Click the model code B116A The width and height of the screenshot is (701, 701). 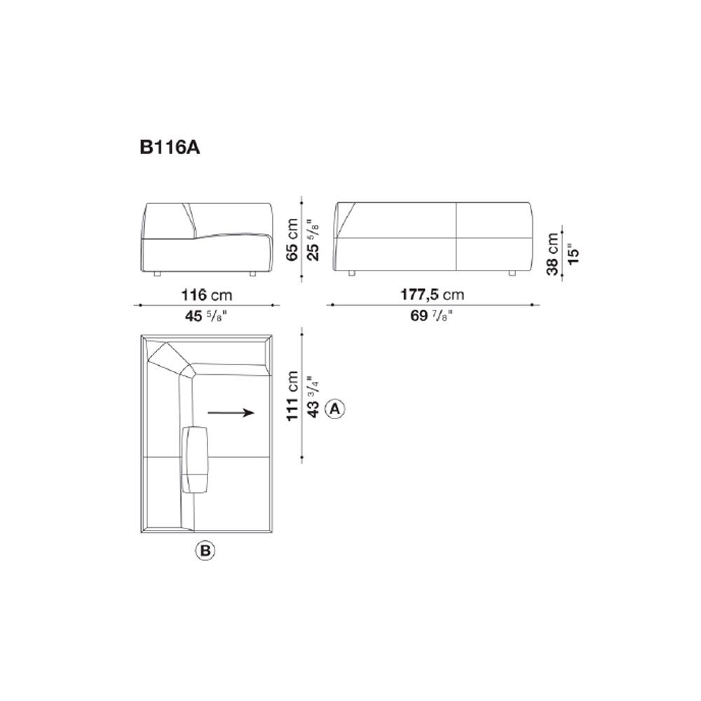tap(170, 147)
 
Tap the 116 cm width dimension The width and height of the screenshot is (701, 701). tap(207, 295)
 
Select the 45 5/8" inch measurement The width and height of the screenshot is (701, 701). tap(206, 316)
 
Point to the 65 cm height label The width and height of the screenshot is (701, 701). tap(292, 240)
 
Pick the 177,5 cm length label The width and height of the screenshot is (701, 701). tap(433, 294)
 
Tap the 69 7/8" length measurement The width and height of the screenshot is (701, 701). tap(432, 315)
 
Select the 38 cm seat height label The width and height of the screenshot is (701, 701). tap(552, 254)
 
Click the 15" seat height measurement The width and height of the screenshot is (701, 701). tap(573, 254)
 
